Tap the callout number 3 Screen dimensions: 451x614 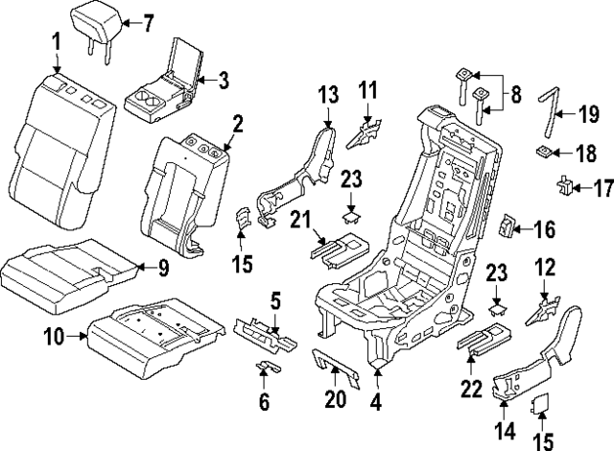224,81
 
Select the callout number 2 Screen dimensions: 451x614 236,122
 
